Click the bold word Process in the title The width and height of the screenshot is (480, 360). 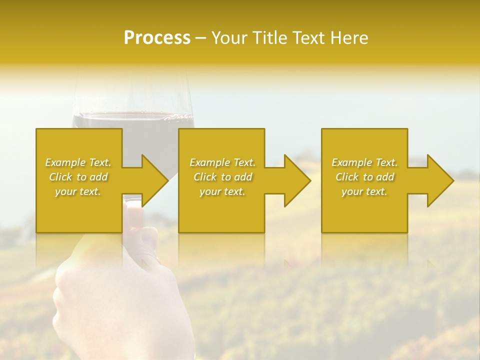pyautogui.click(x=157, y=37)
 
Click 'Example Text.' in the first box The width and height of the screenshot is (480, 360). pyautogui.click(x=78, y=162)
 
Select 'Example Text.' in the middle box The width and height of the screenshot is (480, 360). pyautogui.click(x=222, y=162)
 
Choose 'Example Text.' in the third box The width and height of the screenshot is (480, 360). pyautogui.click(x=364, y=162)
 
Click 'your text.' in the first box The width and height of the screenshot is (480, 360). pyautogui.click(x=78, y=191)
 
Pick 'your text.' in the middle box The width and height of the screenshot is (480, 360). pyautogui.click(x=222, y=191)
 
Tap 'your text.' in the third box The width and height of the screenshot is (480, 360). pyautogui.click(x=364, y=191)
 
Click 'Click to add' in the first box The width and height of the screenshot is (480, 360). pyautogui.click(x=78, y=177)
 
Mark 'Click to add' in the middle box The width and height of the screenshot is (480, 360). pyautogui.click(x=222, y=177)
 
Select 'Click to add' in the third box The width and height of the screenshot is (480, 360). pyautogui.click(x=364, y=177)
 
